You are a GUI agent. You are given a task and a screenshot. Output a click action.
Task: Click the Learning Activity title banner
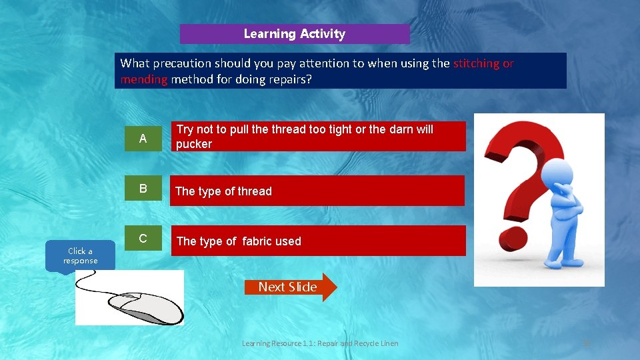(295, 34)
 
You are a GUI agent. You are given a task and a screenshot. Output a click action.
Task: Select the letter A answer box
(143, 139)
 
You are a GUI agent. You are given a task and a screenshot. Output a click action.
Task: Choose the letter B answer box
(143, 189)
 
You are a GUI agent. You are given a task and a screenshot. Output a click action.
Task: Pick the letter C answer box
(143, 239)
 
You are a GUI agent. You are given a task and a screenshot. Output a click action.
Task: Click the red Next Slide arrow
(289, 287)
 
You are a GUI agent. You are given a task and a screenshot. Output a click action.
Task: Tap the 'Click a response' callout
(80, 256)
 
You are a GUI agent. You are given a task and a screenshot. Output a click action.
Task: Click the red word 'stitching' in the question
(476, 63)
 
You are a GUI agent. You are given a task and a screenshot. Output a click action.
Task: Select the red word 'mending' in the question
(144, 79)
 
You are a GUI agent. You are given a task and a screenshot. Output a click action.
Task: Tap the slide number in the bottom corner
(587, 343)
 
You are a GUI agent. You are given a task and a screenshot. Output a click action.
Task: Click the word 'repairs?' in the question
(289, 79)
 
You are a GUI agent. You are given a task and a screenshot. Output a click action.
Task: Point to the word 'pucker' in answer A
(194, 144)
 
